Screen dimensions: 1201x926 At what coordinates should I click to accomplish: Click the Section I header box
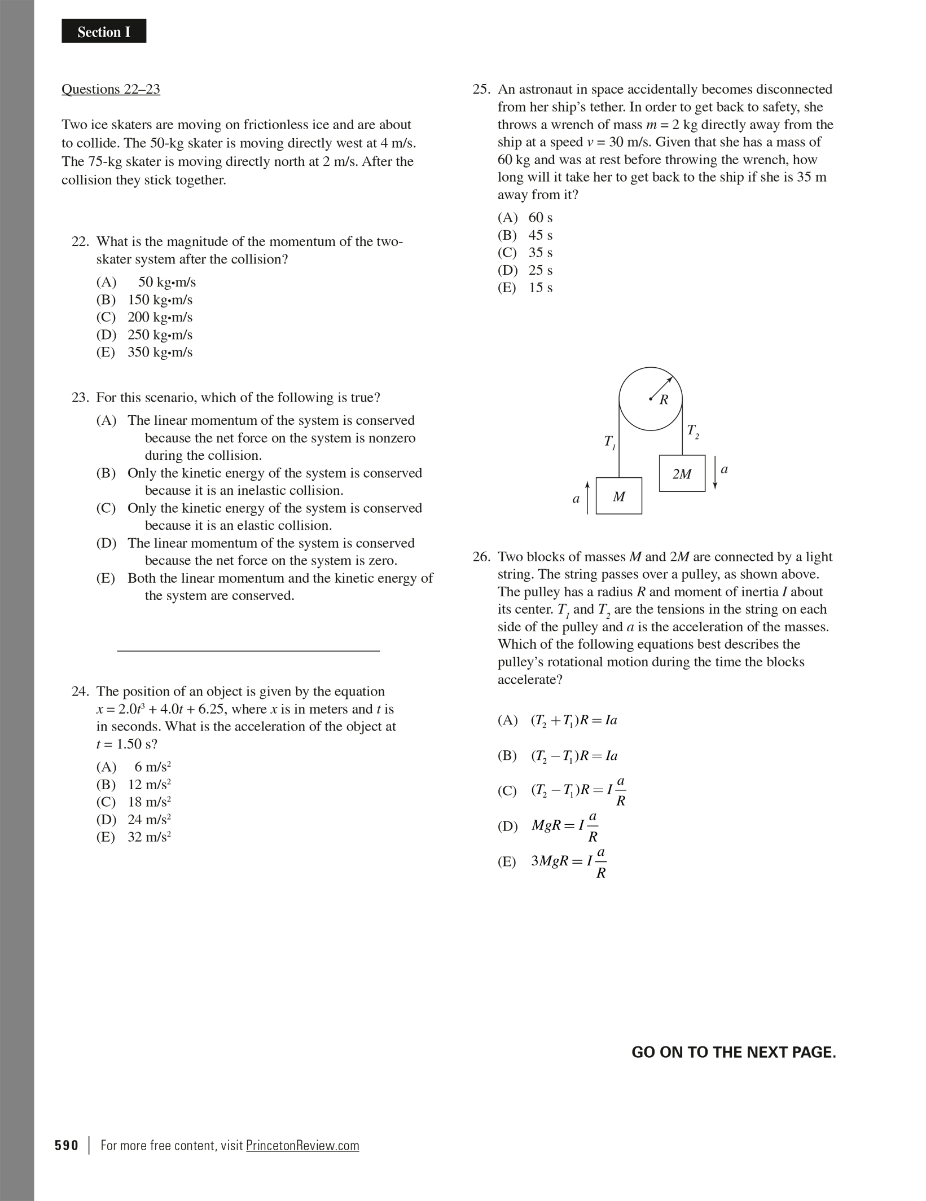point(104,32)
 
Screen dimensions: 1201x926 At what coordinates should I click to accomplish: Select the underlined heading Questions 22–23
point(111,89)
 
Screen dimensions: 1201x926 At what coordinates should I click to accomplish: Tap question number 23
point(80,398)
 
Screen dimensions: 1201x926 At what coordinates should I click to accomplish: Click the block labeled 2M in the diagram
point(682,473)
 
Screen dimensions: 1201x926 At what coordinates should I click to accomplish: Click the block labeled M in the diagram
point(618,496)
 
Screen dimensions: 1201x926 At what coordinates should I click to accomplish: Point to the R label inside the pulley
point(664,400)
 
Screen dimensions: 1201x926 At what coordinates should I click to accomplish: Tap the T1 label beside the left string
point(609,442)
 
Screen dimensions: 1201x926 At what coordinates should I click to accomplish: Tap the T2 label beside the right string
point(692,432)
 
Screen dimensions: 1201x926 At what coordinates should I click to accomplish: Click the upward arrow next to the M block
point(587,497)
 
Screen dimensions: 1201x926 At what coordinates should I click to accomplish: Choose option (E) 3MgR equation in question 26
point(568,861)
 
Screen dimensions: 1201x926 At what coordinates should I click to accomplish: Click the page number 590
point(67,1146)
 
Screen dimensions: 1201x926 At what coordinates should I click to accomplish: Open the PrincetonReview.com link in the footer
point(302,1146)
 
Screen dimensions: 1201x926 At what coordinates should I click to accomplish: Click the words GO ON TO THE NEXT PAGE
point(733,1052)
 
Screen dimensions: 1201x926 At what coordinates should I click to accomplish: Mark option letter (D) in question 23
point(106,543)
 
